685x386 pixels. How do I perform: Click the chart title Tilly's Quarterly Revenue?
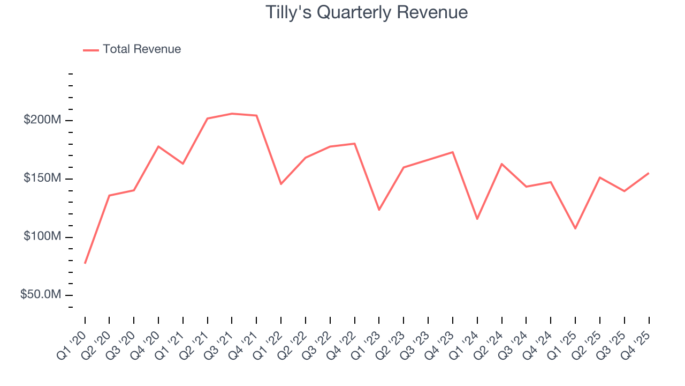coord(367,12)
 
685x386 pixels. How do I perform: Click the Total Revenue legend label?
coord(142,49)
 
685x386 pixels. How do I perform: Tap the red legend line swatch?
coord(91,50)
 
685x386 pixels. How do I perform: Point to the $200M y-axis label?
coord(42,120)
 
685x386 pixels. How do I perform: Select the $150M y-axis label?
coord(42,178)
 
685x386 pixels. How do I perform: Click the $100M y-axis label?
coord(42,236)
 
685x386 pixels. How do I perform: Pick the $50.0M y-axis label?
coord(40,295)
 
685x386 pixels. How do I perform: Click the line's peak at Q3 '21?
coord(232,114)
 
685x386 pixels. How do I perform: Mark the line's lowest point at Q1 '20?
coord(85,263)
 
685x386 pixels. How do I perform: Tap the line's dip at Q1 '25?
coord(575,229)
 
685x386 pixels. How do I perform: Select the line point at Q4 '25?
coord(649,173)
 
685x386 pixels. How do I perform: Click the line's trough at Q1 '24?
coord(477,219)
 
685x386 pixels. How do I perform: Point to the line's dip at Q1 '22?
coord(281,184)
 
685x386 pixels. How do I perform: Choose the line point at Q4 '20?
coord(158,146)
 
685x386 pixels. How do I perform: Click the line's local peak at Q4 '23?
coord(453,152)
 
